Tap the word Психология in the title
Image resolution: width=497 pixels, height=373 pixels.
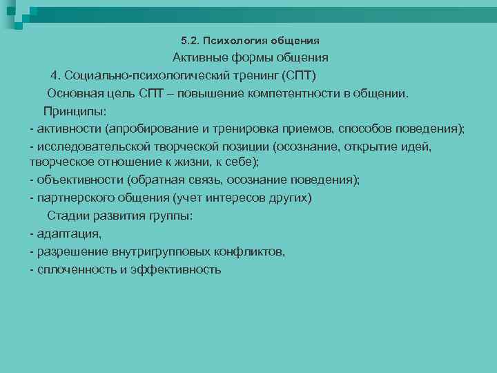(231, 39)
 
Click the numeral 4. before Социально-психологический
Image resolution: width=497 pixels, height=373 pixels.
(56, 75)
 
